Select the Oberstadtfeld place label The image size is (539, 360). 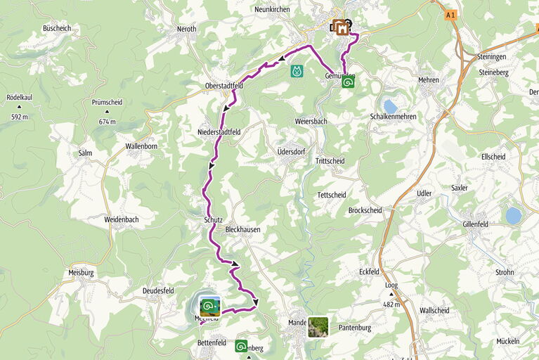click(x=223, y=86)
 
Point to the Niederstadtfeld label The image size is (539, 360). click(x=219, y=131)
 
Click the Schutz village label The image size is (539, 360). click(x=213, y=219)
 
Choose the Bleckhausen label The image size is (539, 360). click(x=242, y=229)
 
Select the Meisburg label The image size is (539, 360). click(x=82, y=272)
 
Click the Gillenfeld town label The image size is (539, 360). click(x=480, y=223)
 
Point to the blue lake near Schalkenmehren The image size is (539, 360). click(x=390, y=106)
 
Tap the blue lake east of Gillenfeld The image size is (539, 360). click(x=514, y=215)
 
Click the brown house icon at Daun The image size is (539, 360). click(x=341, y=28)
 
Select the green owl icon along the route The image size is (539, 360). click(x=297, y=71)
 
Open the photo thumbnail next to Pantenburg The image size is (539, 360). click(x=318, y=326)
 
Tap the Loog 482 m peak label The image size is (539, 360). click(x=391, y=290)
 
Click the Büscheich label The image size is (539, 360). click(x=57, y=28)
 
